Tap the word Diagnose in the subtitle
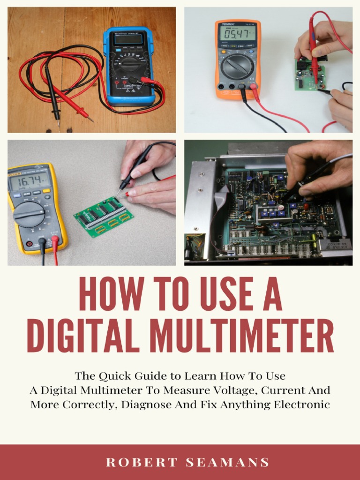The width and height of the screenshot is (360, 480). tap(143, 404)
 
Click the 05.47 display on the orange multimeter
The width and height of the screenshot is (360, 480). tap(238, 34)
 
